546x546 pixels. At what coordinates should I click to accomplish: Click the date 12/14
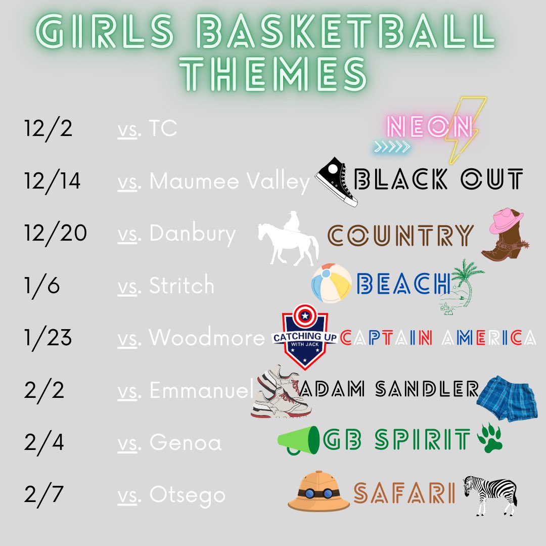52,181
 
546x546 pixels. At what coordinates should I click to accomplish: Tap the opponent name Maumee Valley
230,181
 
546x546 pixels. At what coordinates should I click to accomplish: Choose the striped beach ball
332,283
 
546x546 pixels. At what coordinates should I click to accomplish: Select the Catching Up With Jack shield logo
305,336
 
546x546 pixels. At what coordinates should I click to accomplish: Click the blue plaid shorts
507,397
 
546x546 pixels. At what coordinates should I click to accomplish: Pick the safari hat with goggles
318,490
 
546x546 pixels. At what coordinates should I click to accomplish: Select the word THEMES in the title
277,74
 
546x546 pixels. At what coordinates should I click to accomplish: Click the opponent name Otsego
187,494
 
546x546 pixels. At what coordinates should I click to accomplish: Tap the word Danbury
192,234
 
